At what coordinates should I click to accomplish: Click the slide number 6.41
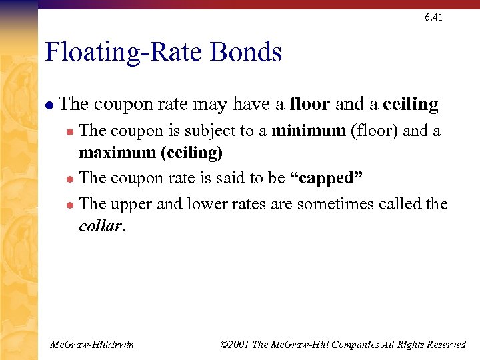point(433,17)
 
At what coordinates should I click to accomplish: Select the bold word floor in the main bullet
point(310,105)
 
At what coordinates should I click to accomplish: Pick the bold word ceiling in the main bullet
point(411,105)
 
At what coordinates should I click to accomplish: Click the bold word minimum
point(309,131)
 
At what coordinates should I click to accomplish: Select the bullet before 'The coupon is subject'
point(71,131)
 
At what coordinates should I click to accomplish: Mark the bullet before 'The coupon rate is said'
point(71,179)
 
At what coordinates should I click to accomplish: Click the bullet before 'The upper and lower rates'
point(71,205)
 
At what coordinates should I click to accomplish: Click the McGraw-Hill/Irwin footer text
point(93,344)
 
